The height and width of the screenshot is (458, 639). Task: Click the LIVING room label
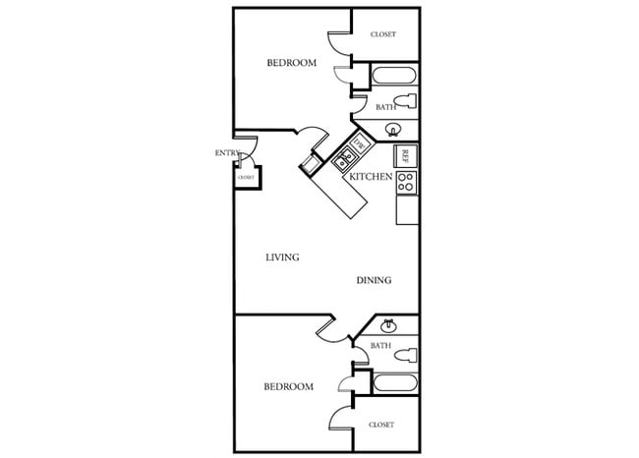[282, 258]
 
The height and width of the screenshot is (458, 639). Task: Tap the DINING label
[374, 280]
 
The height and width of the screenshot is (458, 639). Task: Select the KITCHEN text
[372, 177]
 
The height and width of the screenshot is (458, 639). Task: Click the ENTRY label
[228, 152]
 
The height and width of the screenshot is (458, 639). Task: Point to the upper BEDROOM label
[292, 63]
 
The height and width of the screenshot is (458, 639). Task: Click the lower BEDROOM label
[289, 386]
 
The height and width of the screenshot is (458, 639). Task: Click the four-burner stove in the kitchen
[406, 182]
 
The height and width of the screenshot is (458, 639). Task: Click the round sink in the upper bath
[393, 129]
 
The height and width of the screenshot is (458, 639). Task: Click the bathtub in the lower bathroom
[391, 382]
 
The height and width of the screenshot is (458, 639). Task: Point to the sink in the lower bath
[388, 326]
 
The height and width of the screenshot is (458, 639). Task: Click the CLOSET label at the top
[383, 35]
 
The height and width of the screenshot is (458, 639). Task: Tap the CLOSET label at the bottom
[381, 425]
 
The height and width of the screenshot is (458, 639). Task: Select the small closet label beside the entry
[245, 177]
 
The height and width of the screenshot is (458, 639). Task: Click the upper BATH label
[384, 106]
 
